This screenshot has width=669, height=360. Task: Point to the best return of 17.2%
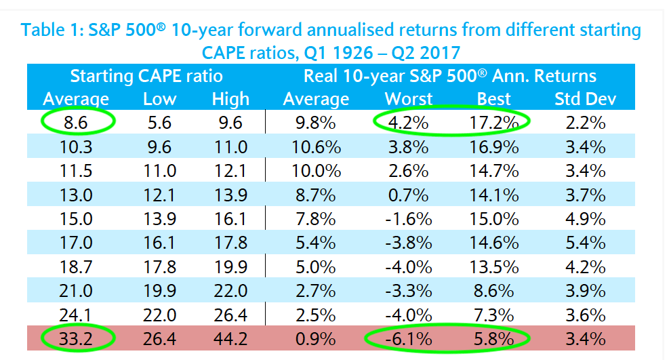pyautogui.click(x=493, y=123)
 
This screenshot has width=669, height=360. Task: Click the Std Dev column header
pyautogui.click(x=585, y=99)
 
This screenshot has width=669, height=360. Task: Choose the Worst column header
pyautogui.click(x=409, y=99)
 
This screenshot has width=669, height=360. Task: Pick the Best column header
pyautogui.click(x=493, y=99)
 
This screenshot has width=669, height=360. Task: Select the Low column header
pyautogui.click(x=160, y=99)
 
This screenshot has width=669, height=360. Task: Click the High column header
pyautogui.click(x=230, y=99)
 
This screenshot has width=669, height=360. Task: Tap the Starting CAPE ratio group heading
pyautogui.click(x=146, y=76)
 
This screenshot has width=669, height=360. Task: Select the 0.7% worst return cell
pyautogui.click(x=409, y=195)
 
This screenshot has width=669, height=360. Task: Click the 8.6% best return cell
pyautogui.click(x=493, y=292)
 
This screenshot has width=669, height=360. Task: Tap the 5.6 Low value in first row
pyautogui.click(x=160, y=123)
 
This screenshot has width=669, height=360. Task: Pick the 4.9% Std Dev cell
pyautogui.click(x=585, y=219)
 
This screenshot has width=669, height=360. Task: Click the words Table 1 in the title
pyautogui.click(x=49, y=31)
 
